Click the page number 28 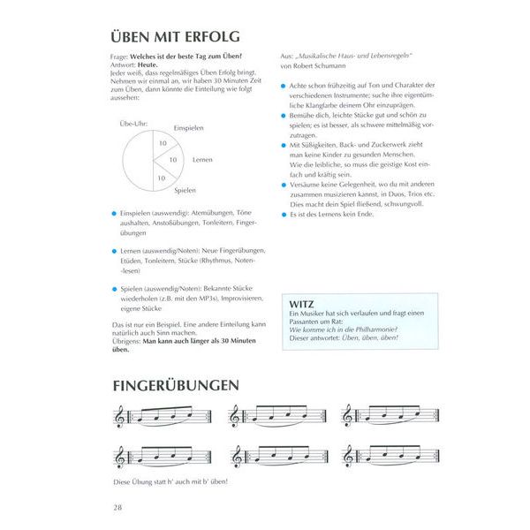tap(117, 506)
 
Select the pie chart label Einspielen tap(188, 128)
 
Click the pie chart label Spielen tap(185, 190)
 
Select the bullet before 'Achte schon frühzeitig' tap(282, 85)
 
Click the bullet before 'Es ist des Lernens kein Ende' tap(282, 215)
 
